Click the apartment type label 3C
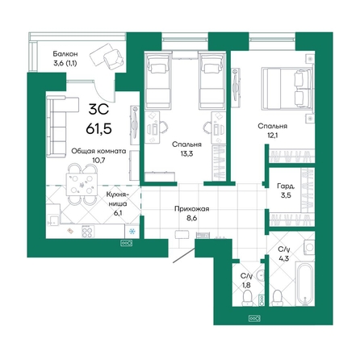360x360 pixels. [x=98, y=110]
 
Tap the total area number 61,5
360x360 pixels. [x=98, y=129]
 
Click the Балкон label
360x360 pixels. [x=65, y=54]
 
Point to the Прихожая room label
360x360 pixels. [x=191, y=209]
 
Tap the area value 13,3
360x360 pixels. [x=186, y=153]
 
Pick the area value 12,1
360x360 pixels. [x=272, y=135]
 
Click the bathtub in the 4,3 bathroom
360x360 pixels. [x=305, y=283]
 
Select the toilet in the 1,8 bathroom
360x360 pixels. [x=247, y=299]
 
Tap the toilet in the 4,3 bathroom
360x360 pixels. [x=278, y=298]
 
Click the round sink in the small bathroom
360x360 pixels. [x=260, y=275]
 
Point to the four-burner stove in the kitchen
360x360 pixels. [x=88, y=232]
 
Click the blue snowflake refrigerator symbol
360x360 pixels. [x=132, y=232]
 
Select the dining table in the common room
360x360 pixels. [x=82, y=185]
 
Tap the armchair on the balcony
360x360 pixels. [x=113, y=58]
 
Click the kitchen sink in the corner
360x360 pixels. [x=52, y=220]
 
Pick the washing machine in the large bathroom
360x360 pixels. [x=308, y=247]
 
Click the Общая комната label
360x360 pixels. [x=98, y=152]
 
